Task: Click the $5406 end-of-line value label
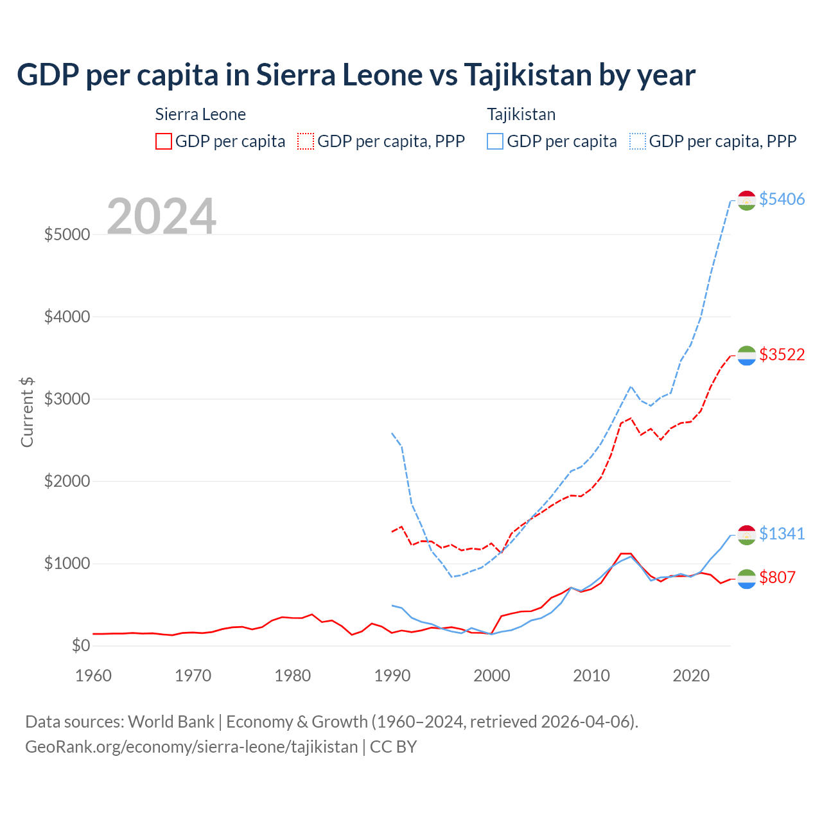click(x=782, y=199)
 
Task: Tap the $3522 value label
click(x=782, y=354)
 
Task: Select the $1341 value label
click(x=782, y=534)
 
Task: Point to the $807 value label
click(x=777, y=577)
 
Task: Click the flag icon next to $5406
click(x=746, y=200)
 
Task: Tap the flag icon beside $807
click(x=746, y=579)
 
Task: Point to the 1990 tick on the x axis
click(x=392, y=676)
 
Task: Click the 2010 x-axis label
click(x=591, y=676)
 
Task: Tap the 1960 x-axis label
click(x=94, y=676)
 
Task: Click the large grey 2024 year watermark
click(x=161, y=217)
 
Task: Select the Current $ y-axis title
click(x=27, y=412)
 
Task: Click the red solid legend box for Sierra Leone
click(x=164, y=141)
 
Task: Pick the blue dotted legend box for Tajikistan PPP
click(x=638, y=141)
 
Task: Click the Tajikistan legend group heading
click(x=521, y=114)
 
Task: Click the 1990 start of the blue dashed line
click(x=392, y=433)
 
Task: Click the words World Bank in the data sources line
click(x=171, y=722)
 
